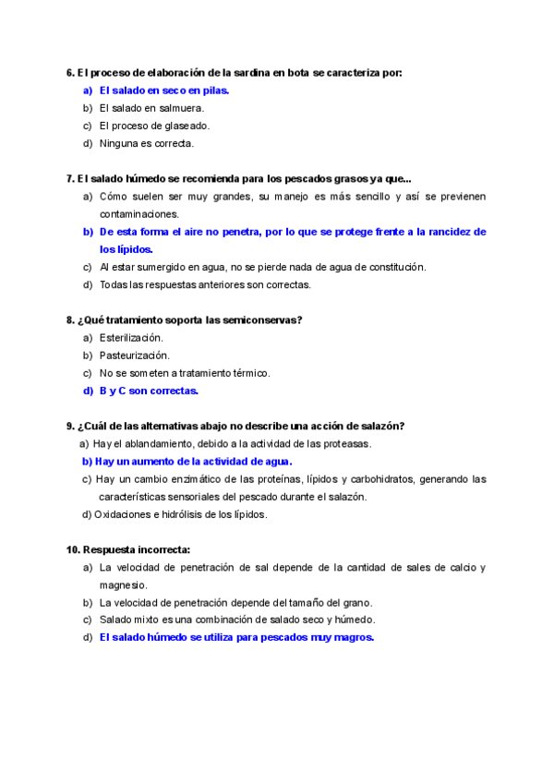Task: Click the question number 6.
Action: [70, 72]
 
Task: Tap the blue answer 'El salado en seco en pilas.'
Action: [163, 90]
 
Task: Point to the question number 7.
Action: [70, 178]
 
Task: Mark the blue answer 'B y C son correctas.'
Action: [149, 391]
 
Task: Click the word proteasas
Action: [348, 443]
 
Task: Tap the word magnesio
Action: [123, 584]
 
